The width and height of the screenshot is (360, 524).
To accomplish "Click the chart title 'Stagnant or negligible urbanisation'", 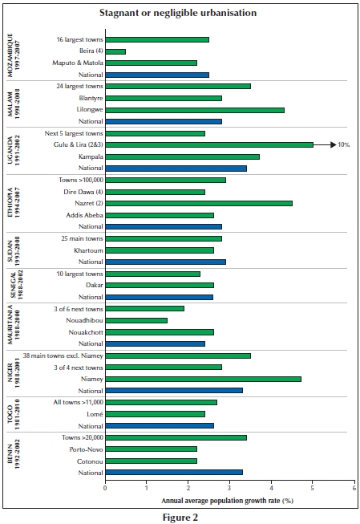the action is tap(178, 13).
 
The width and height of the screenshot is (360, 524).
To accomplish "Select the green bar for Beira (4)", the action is tap(115, 51).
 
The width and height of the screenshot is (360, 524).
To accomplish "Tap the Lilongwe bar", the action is tap(195, 110).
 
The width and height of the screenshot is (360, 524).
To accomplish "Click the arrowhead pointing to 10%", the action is tap(334, 144).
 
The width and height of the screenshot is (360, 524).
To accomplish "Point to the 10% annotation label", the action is tap(344, 144).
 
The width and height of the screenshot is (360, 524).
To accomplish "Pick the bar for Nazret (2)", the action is tap(199, 204).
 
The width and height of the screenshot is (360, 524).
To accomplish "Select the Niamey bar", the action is tap(204, 379).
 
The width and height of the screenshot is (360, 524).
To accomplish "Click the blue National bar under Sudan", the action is tap(166, 262).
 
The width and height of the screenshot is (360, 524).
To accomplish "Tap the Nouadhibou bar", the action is tap(136, 320).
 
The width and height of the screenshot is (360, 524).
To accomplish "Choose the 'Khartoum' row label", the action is tap(88, 250).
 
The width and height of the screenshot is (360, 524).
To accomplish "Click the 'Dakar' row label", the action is tap(95, 285).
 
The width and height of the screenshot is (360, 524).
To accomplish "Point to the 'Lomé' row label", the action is tap(95, 414).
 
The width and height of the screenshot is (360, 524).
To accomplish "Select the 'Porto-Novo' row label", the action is tap(86, 449).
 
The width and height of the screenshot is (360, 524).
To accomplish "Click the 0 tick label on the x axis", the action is tap(105, 488).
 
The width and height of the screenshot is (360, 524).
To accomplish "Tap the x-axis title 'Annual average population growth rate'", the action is tap(220, 501).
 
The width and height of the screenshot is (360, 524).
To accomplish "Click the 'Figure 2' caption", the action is tap(180, 518).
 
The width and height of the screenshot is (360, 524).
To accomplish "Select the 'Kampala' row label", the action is tap(91, 156).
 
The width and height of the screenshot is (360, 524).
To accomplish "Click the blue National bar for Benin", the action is tap(174, 473).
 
